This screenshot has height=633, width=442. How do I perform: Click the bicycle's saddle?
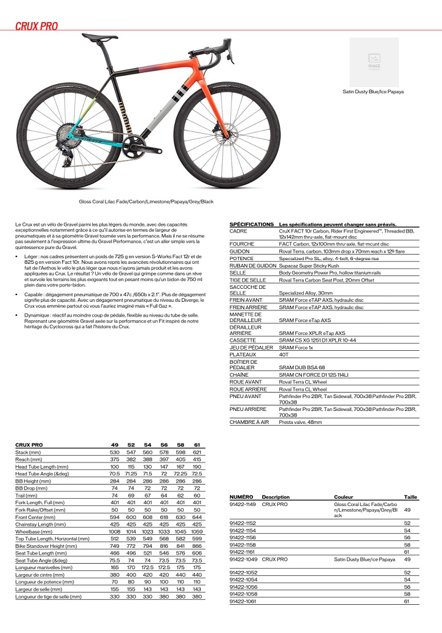click(x=99, y=37)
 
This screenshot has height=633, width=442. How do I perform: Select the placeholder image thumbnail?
click(x=374, y=62)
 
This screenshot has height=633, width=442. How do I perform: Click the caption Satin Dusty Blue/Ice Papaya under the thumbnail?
click(x=373, y=91)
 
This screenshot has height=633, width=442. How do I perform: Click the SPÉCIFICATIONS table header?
click(x=251, y=224)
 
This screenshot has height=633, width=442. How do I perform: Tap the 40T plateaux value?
click(x=284, y=354)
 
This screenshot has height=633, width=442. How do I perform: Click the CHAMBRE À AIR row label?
click(x=249, y=422)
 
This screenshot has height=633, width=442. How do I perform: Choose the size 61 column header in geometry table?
click(x=196, y=444)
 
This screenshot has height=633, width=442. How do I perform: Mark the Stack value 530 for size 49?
click(x=114, y=452)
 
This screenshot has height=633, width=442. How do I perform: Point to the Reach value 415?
click(x=196, y=459)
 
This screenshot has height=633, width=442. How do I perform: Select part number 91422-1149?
click(x=242, y=504)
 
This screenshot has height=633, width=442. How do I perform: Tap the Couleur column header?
click(x=343, y=496)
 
